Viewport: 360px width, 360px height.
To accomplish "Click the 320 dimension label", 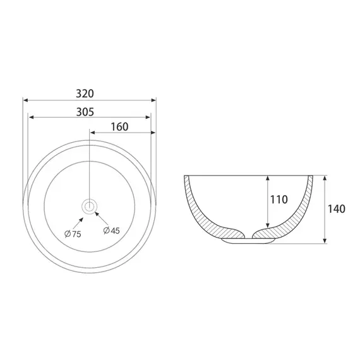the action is click(x=85, y=93).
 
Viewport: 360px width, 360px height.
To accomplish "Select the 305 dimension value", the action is click(x=85, y=112).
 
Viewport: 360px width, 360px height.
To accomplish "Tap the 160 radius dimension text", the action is click(x=119, y=127).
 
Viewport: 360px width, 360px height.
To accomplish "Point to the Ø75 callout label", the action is click(x=73, y=234).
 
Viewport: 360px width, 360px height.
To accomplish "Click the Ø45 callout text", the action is click(x=112, y=231).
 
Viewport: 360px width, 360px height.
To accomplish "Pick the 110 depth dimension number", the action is click(x=279, y=200).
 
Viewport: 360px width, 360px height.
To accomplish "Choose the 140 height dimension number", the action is click(x=337, y=209).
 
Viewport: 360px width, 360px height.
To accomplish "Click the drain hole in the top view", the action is click(x=89, y=207).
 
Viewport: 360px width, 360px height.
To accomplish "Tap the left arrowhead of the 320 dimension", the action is click(x=25, y=100).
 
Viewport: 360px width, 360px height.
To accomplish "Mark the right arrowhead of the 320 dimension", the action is click(x=153, y=100).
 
